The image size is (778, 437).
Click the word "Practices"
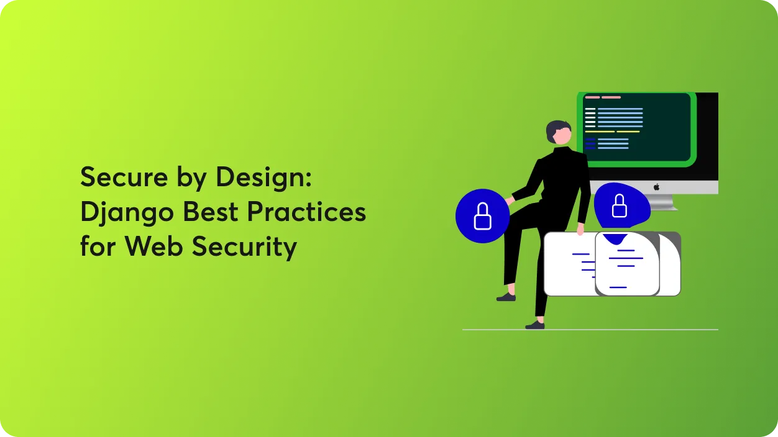[x=306, y=212]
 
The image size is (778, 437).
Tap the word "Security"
[x=244, y=248]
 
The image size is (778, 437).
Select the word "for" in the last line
[x=98, y=246]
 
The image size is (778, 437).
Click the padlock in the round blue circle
[x=483, y=215]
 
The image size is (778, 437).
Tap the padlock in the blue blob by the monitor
[x=619, y=205]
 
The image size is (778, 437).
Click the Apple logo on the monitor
[x=656, y=187]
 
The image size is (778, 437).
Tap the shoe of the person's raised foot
[x=506, y=297]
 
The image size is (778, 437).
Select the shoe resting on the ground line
[x=535, y=325]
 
